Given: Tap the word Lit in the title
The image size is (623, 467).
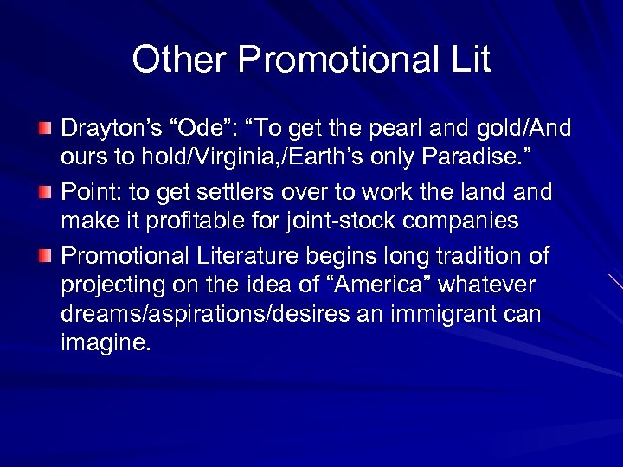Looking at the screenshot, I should coord(467,60).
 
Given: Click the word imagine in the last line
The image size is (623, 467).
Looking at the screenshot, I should coord(105,343).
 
